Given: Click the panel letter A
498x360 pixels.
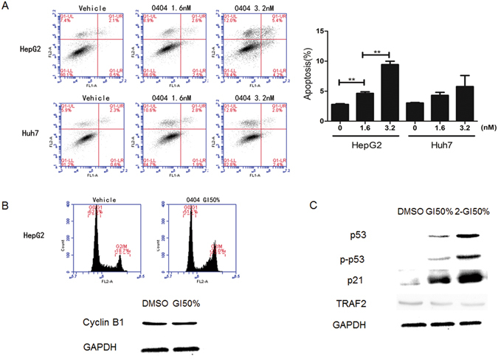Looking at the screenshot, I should (x=6, y=7).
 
